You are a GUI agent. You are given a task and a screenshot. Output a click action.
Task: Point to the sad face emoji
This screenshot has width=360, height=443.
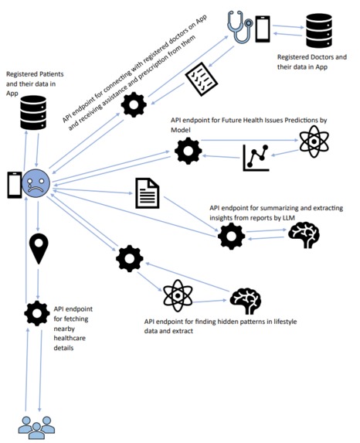pos(36,182)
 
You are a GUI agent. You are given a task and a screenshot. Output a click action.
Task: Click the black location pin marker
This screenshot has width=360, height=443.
pos(37,249)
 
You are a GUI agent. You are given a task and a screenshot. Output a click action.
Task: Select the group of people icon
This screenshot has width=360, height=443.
pos(35,426)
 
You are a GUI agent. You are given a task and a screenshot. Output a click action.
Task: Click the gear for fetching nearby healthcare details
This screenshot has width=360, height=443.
pos(36,312)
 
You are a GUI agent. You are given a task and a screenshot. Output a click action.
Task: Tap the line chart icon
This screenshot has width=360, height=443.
pos(256,158)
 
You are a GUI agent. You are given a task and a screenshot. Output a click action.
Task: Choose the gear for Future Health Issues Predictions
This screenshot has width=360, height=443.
pos(188,151)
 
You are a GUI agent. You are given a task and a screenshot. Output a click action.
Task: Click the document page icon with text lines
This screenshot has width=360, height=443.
pos(147,193)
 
